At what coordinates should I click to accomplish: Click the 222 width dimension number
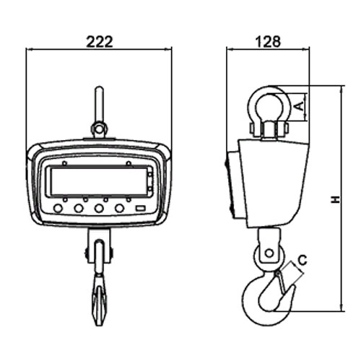coord(100,42)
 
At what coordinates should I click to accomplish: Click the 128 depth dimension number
coord(268,41)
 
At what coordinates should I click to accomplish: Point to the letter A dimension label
coord(299,106)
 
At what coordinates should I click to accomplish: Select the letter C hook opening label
coord(303,260)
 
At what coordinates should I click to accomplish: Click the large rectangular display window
coord(99,181)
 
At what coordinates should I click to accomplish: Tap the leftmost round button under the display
coord(58,208)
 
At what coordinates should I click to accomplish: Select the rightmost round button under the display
coord(119,208)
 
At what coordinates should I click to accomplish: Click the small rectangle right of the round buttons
coord(141,208)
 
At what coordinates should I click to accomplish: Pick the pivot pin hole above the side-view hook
coord(269,253)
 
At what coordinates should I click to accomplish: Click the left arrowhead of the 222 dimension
coord(29,50)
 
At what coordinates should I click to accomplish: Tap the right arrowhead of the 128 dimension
coord(306,50)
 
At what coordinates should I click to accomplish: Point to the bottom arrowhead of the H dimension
coord(342,308)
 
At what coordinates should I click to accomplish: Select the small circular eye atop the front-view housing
coord(98,129)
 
